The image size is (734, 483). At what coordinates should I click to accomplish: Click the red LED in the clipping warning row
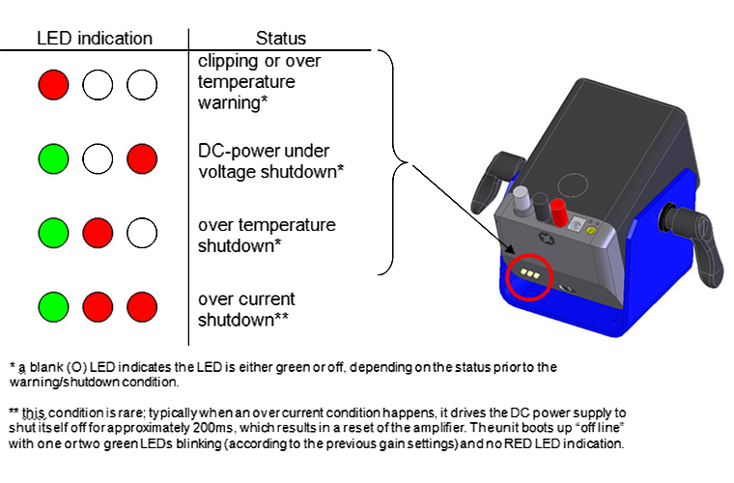click(x=52, y=85)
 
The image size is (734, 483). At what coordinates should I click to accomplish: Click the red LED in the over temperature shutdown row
click(x=97, y=234)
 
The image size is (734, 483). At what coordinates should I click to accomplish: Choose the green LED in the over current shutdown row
click(x=52, y=307)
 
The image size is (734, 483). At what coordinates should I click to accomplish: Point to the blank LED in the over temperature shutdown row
click(x=141, y=234)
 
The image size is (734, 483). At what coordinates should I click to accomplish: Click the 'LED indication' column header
click(x=95, y=39)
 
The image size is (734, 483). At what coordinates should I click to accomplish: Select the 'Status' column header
click(x=280, y=39)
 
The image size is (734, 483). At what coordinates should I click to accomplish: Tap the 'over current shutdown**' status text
click(x=246, y=309)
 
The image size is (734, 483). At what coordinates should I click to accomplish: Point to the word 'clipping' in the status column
click(x=226, y=62)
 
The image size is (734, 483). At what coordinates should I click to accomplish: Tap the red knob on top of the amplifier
click(x=557, y=209)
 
